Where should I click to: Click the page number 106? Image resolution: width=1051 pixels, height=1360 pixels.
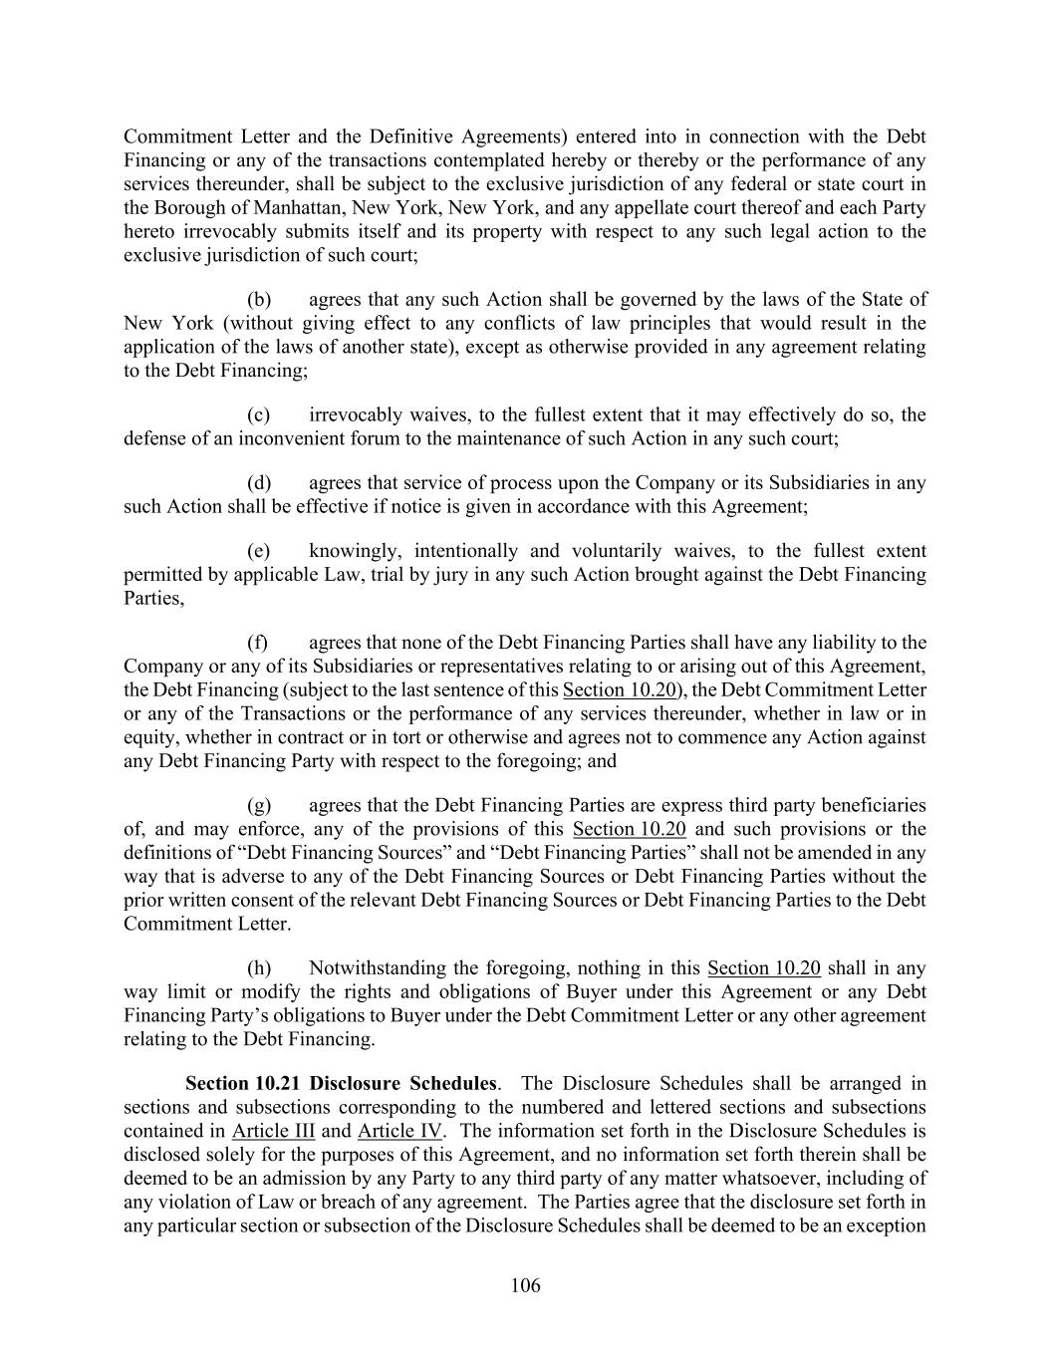point(525,1285)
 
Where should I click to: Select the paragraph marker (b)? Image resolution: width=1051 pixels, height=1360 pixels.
point(259,299)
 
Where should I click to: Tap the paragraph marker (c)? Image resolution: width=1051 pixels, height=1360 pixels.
point(259,414)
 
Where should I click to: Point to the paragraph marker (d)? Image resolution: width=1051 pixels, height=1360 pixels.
point(259,482)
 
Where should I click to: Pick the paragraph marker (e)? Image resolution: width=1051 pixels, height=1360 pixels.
point(259,551)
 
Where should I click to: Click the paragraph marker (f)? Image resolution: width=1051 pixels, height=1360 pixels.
point(258,643)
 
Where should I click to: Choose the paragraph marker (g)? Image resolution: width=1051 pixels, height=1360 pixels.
point(259,805)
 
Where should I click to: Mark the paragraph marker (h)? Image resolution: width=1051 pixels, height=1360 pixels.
point(259,967)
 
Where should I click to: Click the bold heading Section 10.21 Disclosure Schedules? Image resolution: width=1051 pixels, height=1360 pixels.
point(341,1083)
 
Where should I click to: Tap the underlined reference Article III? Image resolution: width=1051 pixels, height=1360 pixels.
point(273,1131)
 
